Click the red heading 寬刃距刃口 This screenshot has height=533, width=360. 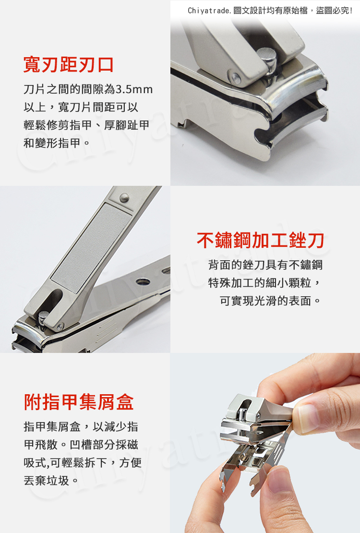coord(68,65)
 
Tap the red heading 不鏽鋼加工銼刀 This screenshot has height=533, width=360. coord(260,241)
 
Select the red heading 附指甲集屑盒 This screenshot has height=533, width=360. coord(79,402)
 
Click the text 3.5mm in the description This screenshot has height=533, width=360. coord(134,89)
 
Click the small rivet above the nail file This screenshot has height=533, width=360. coord(124,197)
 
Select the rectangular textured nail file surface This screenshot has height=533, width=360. coord(91,247)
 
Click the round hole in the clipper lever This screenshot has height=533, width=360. coord(143,281)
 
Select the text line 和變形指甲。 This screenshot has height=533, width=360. coord(57,143)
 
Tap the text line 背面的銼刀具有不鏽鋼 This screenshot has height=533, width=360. coord(265,265)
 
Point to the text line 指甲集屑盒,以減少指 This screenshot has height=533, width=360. coord(81,426)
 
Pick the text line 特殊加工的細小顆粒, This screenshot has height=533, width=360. coord(264,282)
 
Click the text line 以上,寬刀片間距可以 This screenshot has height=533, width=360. coord(81,108)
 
